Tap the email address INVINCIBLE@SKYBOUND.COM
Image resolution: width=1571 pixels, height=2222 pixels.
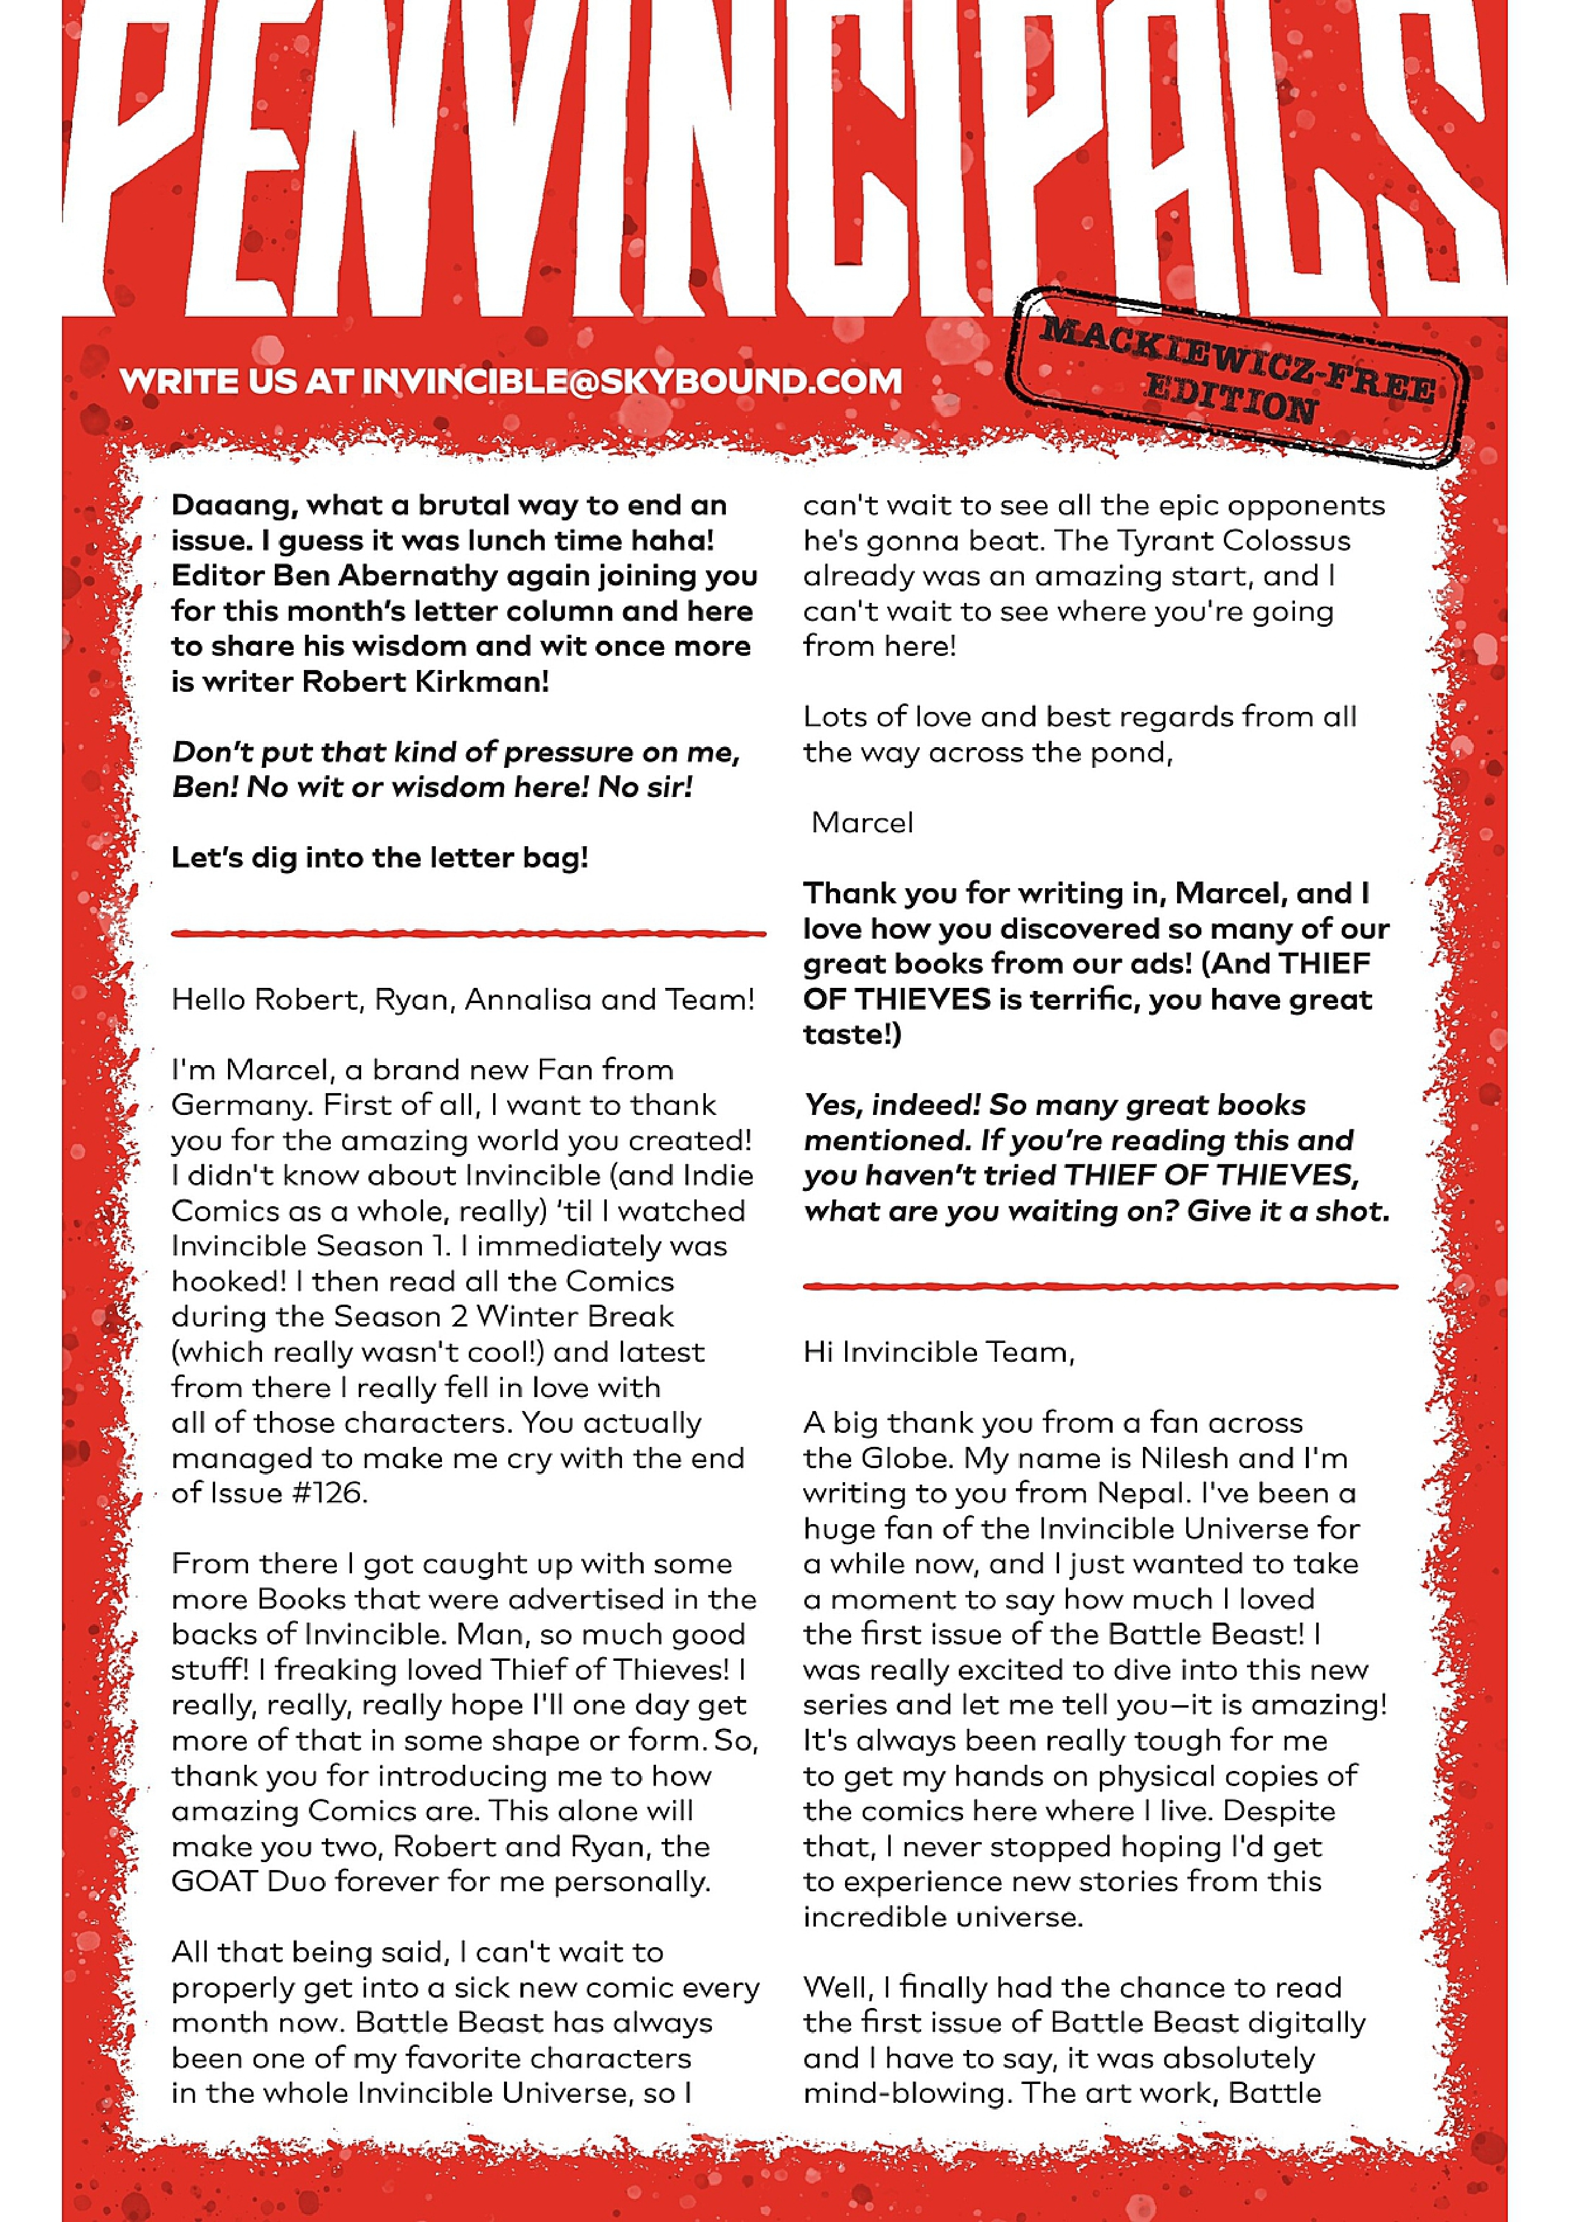pos(631,381)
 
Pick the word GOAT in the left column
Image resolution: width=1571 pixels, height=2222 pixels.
pos(214,1882)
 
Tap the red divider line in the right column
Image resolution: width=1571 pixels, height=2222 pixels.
pos(1100,1286)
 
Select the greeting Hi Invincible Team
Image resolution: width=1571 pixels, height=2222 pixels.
pos(938,1352)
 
